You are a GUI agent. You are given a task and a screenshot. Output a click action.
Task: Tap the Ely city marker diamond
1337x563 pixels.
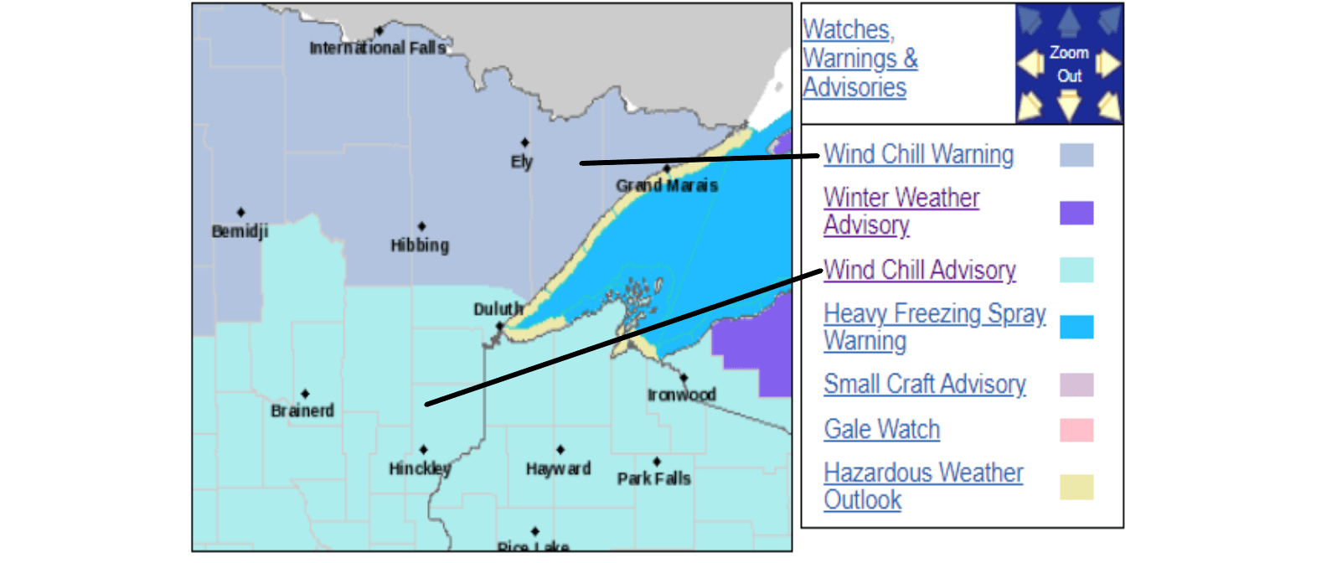tap(524, 143)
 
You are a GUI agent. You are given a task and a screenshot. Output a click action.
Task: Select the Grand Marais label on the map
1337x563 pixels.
tap(667, 185)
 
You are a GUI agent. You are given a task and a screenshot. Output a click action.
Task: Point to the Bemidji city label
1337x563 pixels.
tap(240, 230)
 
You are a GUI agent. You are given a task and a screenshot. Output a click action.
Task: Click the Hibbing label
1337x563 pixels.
tap(420, 245)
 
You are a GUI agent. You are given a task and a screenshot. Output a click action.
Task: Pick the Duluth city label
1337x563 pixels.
tap(498, 309)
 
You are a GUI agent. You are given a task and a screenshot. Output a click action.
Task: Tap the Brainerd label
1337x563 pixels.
tap(302, 411)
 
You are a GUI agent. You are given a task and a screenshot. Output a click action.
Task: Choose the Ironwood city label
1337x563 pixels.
tap(681, 394)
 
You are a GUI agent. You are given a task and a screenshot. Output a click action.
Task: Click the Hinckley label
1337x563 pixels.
tap(420, 468)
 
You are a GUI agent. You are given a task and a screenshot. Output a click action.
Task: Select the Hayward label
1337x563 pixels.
tap(558, 468)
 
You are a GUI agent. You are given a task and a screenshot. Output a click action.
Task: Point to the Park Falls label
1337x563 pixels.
tap(653, 478)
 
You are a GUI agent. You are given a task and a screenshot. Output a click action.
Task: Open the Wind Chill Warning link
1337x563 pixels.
tap(918, 154)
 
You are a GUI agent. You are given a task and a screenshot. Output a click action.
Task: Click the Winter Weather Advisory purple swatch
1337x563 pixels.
tap(1076, 213)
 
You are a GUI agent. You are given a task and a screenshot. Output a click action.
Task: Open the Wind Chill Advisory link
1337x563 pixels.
tap(919, 270)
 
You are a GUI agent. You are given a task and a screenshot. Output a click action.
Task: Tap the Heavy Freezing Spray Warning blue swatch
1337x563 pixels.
tap(1076, 327)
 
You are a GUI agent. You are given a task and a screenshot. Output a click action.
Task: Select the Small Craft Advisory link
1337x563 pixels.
tap(924, 384)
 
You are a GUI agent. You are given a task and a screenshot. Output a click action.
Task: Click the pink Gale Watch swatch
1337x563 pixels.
tap(1076, 430)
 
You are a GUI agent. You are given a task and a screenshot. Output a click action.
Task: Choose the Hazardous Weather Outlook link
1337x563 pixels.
tap(922, 486)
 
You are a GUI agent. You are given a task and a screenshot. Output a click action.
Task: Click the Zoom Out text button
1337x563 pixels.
tap(1069, 64)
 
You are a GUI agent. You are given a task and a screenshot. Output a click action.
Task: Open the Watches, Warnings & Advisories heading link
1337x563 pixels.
tap(859, 59)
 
